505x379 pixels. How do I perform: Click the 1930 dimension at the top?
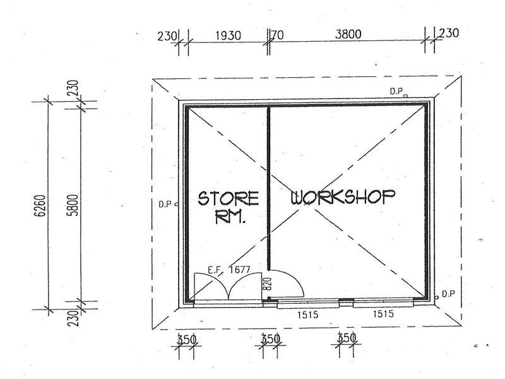pyautogui.click(x=228, y=35)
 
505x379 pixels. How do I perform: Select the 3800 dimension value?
pyautogui.click(x=348, y=34)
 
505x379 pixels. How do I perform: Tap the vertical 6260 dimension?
pyautogui.click(x=40, y=206)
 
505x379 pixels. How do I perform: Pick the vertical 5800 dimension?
pyautogui.click(x=73, y=205)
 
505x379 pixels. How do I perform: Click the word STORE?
pyautogui.click(x=228, y=198)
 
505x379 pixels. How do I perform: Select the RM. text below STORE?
pyautogui.click(x=230, y=217)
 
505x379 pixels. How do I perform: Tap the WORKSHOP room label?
pyautogui.click(x=343, y=196)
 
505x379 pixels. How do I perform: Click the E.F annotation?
pyautogui.click(x=215, y=270)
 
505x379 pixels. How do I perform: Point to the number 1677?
pyautogui.click(x=239, y=270)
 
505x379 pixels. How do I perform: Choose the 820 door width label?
pyautogui.click(x=267, y=284)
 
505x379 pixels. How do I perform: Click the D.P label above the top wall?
pyautogui.click(x=396, y=91)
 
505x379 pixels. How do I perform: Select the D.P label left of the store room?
pyautogui.click(x=165, y=204)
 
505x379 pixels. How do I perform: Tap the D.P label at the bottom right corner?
pyautogui.click(x=448, y=294)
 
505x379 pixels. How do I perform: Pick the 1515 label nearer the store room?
pyautogui.click(x=307, y=314)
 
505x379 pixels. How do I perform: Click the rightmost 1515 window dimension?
pyautogui.click(x=383, y=313)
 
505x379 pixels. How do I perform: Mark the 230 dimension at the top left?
pyautogui.click(x=167, y=36)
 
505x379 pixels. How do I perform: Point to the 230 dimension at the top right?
pyautogui.click(x=449, y=33)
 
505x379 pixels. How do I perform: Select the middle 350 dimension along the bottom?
pyautogui.click(x=270, y=339)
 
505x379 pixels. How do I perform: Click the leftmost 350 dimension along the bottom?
pyautogui.click(x=187, y=339)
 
